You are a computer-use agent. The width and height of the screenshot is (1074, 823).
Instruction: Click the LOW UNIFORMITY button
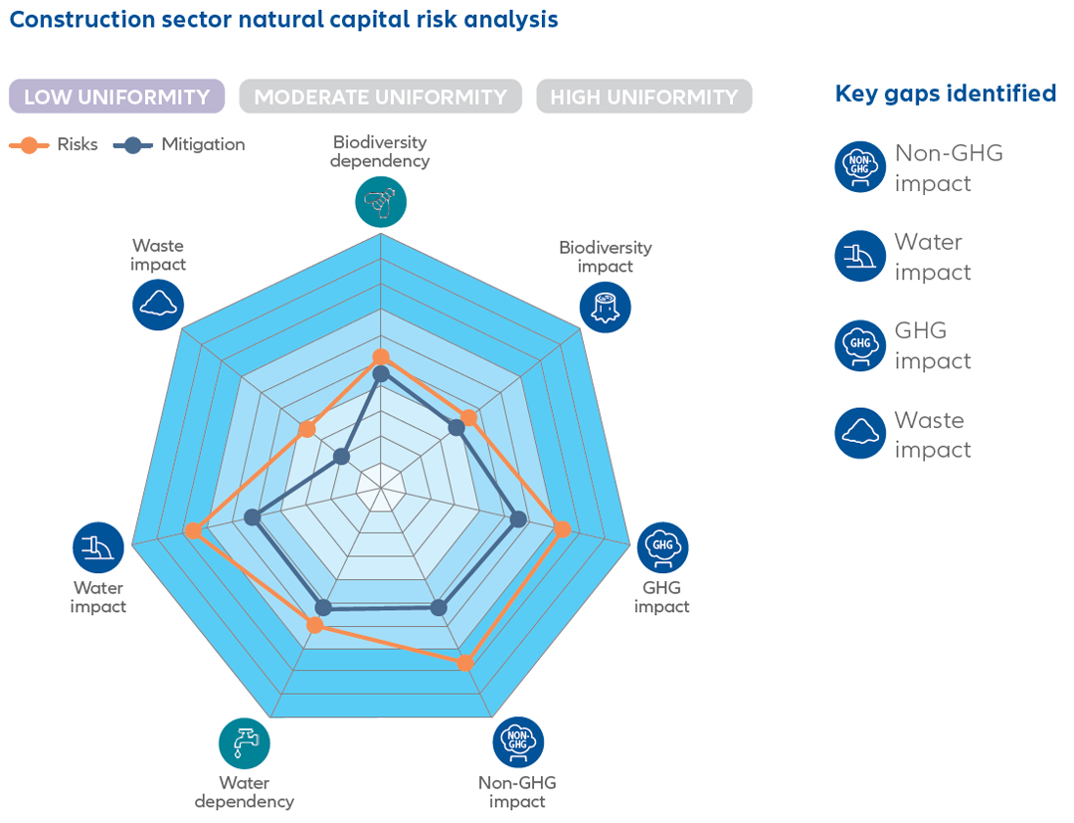point(116,97)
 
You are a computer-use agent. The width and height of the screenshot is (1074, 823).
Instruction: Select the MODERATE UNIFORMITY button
point(380,97)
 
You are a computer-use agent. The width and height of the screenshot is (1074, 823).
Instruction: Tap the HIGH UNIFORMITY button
point(643,97)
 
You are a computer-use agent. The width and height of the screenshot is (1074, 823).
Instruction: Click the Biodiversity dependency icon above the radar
point(381,202)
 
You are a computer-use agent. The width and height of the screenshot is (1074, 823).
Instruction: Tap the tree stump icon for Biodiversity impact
point(605,307)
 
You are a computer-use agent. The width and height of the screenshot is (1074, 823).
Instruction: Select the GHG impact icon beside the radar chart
point(662,547)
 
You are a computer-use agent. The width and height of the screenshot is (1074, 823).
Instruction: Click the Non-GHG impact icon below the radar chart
point(518,742)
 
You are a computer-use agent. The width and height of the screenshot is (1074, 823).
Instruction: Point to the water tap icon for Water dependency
point(245,743)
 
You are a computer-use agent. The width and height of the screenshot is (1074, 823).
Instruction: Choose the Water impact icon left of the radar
point(98,547)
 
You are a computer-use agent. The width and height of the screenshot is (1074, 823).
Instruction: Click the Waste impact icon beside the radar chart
point(158,305)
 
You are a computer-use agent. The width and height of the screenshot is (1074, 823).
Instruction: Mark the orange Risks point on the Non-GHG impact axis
point(464,663)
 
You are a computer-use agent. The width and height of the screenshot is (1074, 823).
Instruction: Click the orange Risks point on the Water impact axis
point(194,531)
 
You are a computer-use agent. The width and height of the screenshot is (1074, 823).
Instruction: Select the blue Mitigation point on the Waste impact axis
point(342,456)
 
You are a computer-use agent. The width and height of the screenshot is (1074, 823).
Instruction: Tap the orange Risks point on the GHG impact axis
point(562,529)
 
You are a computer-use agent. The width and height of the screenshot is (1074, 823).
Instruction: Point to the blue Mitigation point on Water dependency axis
point(322,607)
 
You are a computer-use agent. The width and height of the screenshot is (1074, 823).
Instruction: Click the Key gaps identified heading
point(945,94)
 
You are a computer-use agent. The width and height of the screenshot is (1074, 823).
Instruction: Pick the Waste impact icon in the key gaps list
point(860,434)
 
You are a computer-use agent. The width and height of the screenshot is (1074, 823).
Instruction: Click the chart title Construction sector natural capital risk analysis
point(283,19)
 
